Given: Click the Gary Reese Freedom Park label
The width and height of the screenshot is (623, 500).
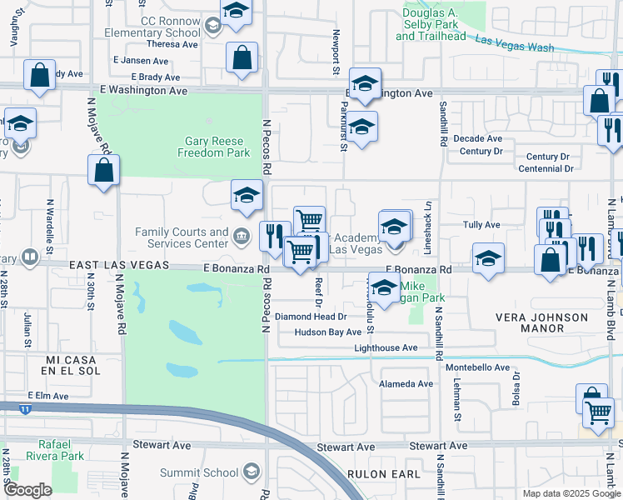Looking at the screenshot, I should pyautogui.click(x=214, y=147).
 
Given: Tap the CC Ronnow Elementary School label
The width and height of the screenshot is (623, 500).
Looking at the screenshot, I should pyautogui.click(x=171, y=27).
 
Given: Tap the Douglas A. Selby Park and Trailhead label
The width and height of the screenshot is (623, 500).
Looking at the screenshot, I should pyautogui.click(x=431, y=25).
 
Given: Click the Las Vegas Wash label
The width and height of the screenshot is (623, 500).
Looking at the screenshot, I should pyautogui.click(x=514, y=43).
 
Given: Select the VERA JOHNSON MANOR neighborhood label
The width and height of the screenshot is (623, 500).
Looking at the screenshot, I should pyautogui.click(x=541, y=324).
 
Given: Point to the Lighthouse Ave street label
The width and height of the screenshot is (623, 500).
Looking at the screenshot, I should pyautogui.click(x=386, y=347).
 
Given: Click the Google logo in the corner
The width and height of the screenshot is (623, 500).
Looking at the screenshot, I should pyautogui.click(x=27, y=490).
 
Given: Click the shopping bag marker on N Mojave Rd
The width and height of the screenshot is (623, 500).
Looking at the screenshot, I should pyautogui.click(x=103, y=171).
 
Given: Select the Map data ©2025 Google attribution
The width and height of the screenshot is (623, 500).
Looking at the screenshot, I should pyautogui.click(x=571, y=493).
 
